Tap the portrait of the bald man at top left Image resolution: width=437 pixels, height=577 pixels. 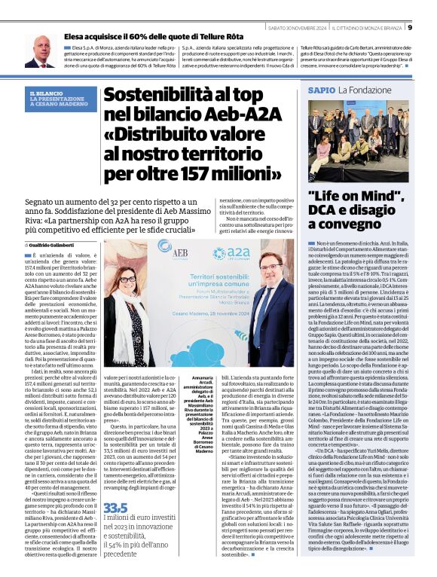click(x=39, y=50)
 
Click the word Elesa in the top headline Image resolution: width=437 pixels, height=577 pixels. click(x=78, y=35)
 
